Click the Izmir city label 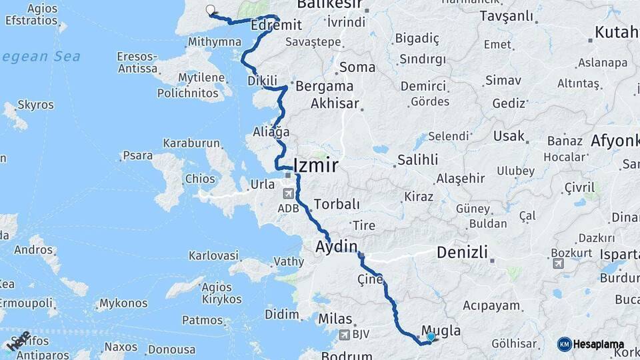pyautogui.click(x=316, y=165)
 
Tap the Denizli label pyautogui.click(x=463, y=253)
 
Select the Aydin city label pyautogui.click(x=337, y=247)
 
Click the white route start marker pyautogui.click(x=211, y=10)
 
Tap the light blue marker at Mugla pyautogui.click(x=431, y=337)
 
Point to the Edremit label pyautogui.click(x=277, y=25)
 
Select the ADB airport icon pyautogui.click(x=288, y=194)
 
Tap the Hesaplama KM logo pyautogui.click(x=565, y=344)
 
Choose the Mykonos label pyautogui.click(x=123, y=304)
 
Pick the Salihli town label pyautogui.click(x=418, y=160)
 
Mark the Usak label pyautogui.click(x=509, y=136)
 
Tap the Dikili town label pyautogui.click(x=262, y=81)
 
